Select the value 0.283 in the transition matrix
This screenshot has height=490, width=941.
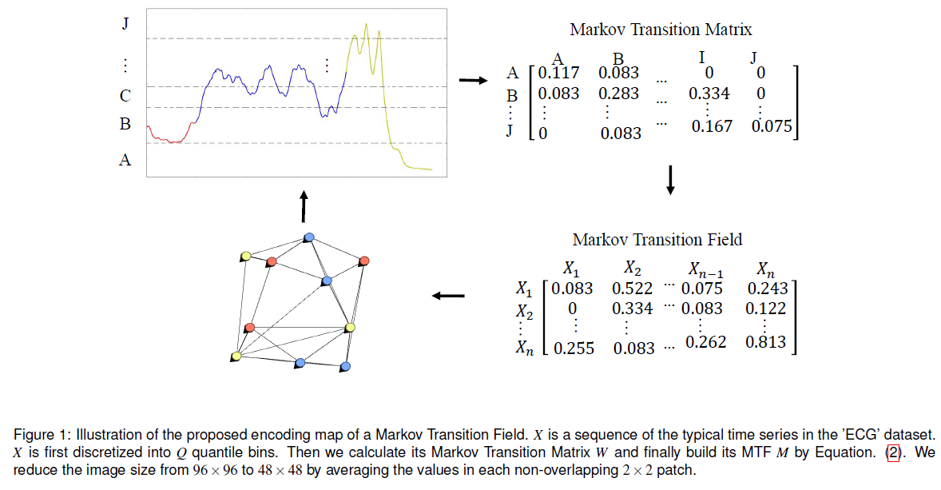(x=619, y=94)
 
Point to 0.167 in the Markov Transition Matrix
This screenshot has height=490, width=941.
(x=712, y=126)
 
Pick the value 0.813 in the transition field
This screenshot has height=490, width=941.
(x=765, y=342)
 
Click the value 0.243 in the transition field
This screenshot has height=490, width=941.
(x=767, y=289)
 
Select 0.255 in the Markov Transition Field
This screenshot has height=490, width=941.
(x=574, y=348)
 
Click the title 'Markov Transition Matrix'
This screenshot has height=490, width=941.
(x=661, y=30)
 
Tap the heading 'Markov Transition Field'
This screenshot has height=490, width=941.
(x=657, y=240)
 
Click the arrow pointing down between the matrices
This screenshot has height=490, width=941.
(x=670, y=180)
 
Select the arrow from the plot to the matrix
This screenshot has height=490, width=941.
(x=472, y=80)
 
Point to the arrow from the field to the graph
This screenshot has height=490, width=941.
(x=448, y=297)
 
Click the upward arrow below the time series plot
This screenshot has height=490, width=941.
(x=303, y=206)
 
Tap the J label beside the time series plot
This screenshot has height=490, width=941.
(x=125, y=24)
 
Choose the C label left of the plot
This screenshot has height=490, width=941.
(x=125, y=96)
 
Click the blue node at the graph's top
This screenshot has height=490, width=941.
(x=309, y=237)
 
